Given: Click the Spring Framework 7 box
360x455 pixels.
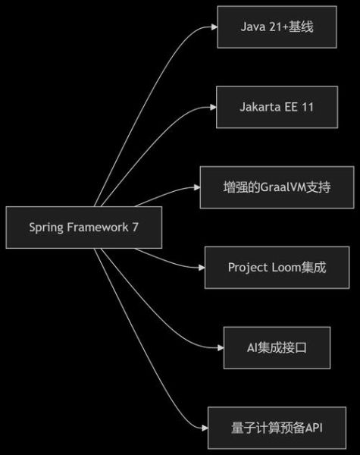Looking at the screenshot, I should tap(83, 227).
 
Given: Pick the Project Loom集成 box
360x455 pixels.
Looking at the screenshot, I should tap(277, 267).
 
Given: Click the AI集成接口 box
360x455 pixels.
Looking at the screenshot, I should tap(277, 347).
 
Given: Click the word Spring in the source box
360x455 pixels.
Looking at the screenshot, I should tap(46, 227).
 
